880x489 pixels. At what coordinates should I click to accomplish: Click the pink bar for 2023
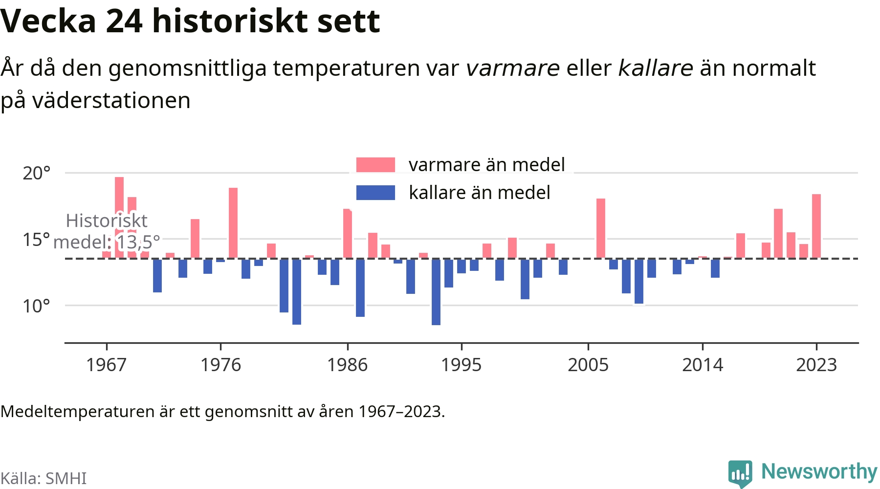[816, 226]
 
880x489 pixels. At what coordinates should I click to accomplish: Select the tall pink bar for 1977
[233, 223]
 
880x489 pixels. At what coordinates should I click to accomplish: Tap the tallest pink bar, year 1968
[119, 218]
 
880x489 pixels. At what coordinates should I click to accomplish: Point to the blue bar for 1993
[436, 291]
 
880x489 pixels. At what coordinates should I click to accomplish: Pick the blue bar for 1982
[297, 291]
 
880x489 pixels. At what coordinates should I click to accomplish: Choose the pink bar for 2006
[601, 228]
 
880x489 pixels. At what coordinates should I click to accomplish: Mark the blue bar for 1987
[360, 288]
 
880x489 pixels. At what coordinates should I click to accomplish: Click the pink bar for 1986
[348, 233]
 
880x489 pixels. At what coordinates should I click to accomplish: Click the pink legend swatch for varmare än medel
[375, 165]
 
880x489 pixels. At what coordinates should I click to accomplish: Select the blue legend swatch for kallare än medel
[375, 193]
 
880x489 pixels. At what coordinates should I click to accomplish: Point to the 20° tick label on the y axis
[37, 173]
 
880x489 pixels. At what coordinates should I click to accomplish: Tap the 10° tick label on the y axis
[37, 306]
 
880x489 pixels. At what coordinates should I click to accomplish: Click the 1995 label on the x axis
[462, 365]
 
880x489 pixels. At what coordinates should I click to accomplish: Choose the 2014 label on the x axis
[703, 365]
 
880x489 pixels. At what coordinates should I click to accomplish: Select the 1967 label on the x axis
[107, 365]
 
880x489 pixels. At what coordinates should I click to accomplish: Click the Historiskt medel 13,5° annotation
[107, 231]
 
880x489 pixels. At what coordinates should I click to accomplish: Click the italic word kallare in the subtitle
[656, 68]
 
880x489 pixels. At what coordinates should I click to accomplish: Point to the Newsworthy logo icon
[740, 473]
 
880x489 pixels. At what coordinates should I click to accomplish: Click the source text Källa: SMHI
[44, 478]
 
